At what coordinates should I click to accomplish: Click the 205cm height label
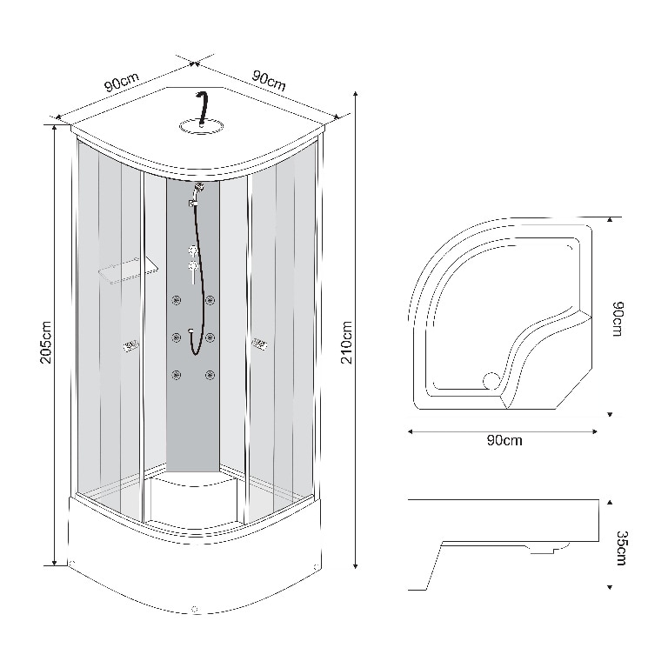(46, 343)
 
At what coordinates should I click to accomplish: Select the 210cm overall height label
(347, 343)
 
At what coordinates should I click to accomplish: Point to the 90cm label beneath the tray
(504, 441)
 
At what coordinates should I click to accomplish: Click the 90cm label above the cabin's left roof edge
(121, 83)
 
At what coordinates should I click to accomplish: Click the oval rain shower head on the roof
(201, 128)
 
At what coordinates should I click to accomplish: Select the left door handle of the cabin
(130, 346)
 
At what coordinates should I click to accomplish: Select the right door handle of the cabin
(259, 345)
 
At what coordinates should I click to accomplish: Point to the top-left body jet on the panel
(177, 300)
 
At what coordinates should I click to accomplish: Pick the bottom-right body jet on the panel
(209, 375)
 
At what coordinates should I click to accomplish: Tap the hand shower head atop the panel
(199, 186)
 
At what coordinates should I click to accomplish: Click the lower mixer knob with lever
(193, 265)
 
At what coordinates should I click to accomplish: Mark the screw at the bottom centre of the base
(196, 610)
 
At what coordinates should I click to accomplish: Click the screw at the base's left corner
(73, 564)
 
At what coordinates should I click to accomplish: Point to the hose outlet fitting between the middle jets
(191, 331)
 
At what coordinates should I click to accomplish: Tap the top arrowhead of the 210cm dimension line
(356, 90)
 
